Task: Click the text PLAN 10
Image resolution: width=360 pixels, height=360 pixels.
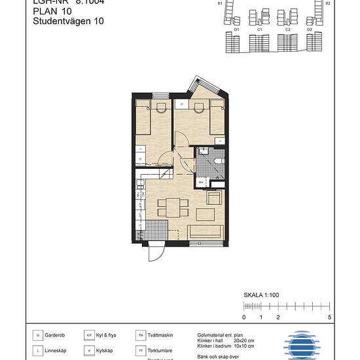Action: click(x=54, y=11)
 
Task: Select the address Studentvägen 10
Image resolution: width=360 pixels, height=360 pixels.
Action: click(x=68, y=21)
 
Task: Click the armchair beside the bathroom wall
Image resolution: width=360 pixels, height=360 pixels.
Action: click(x=214, y=199)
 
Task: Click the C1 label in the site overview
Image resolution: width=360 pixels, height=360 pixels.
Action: click(x=260, y=29)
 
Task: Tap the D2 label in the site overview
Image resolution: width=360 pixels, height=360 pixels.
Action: click(x=309, y=29)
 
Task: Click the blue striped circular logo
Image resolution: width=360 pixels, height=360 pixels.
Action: click(x=303, y=344)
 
